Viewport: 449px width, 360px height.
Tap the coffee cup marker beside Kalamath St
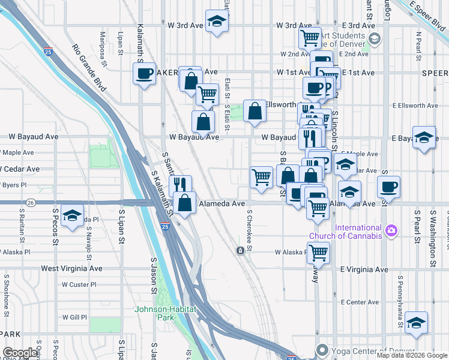point(144,74)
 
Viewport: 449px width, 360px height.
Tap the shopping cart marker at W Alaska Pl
point(319,253)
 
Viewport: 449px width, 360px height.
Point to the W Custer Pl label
point(75,284)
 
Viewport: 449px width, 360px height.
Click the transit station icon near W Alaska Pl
point(240,250)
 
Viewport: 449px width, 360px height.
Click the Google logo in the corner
point(21,353)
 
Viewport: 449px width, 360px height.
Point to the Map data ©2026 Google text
point(412,356)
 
